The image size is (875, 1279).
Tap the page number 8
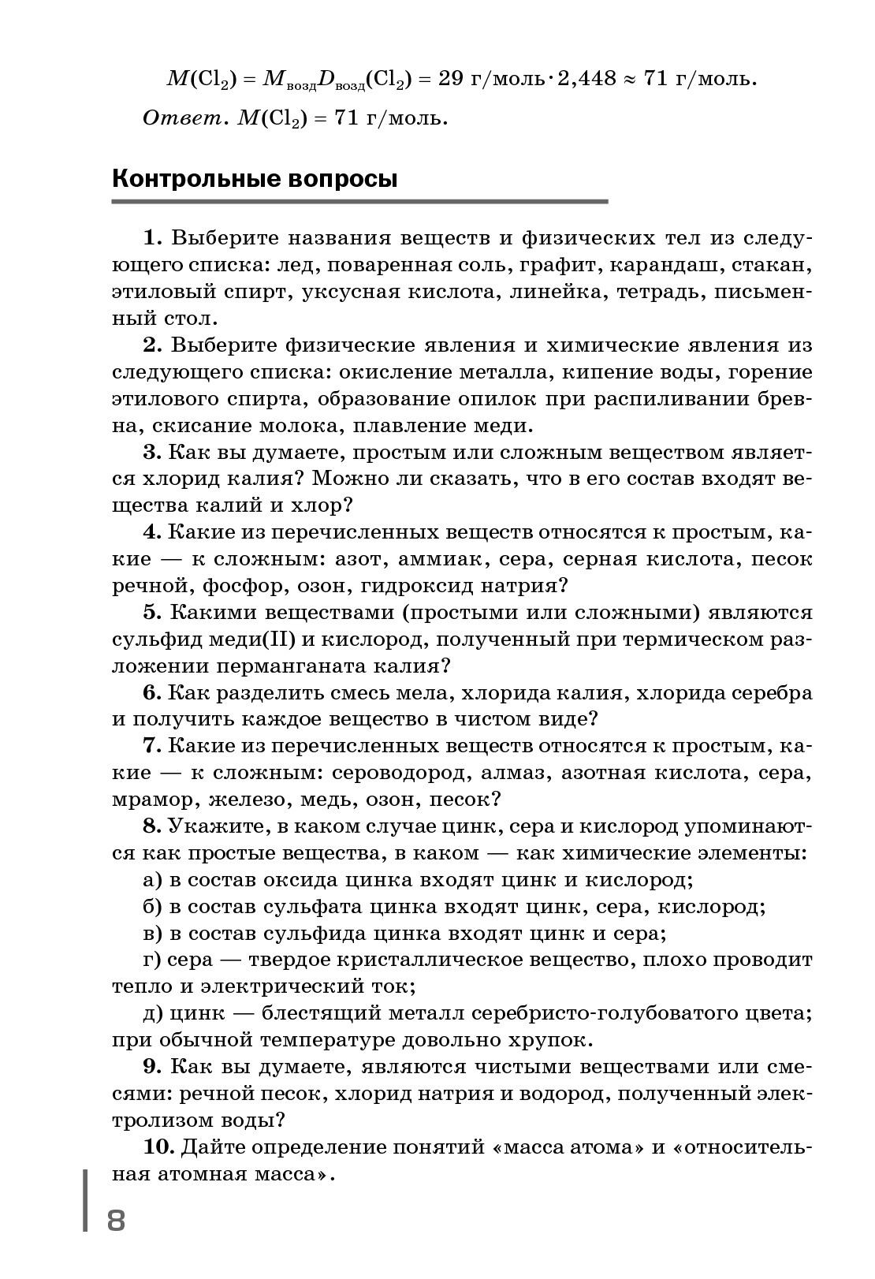point(116,1221)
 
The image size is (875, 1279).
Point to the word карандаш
point(665,266)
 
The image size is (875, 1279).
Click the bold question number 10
point(153,1146)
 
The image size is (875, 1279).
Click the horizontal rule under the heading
point(359,202)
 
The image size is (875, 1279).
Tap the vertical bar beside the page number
point(85,1199)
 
